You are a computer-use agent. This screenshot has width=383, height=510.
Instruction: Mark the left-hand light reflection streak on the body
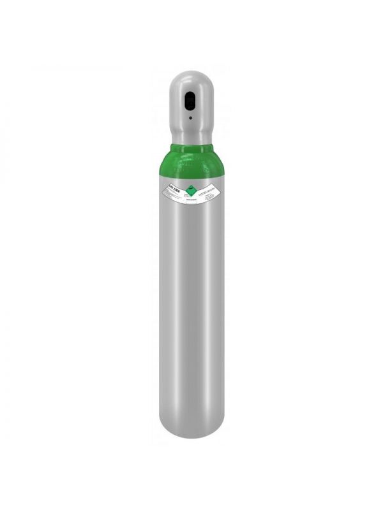(x=171, y=306)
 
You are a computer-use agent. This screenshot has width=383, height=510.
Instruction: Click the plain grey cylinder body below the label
(x=192, y=319)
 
